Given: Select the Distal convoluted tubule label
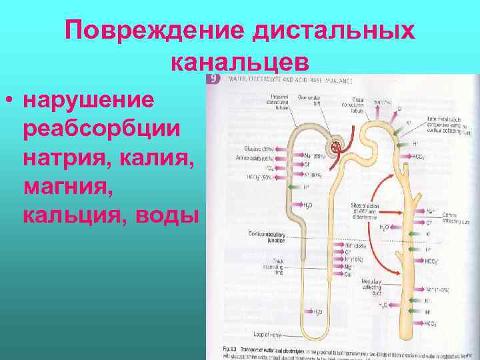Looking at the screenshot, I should tap(356, 104).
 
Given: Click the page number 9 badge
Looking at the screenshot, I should tap(214, 78).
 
